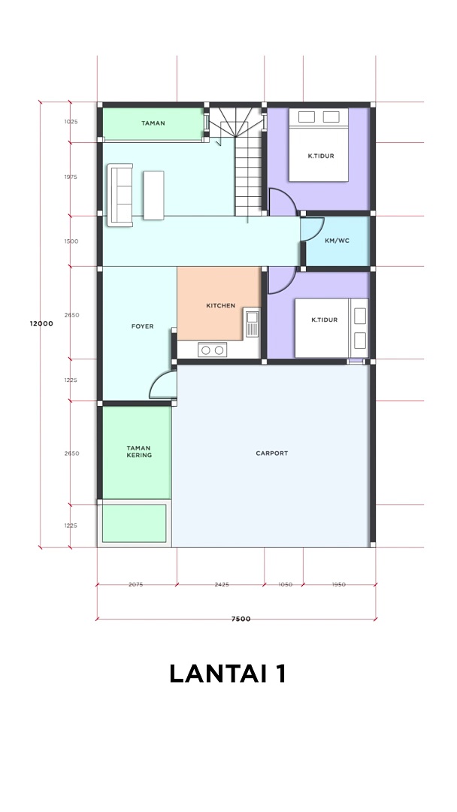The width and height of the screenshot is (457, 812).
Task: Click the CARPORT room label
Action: tap(271, 453)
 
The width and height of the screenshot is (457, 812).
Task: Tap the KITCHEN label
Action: tap(220, 305)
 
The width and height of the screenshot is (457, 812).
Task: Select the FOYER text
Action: tap(142, 326)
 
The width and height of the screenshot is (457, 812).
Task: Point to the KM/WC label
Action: tap(337, 241)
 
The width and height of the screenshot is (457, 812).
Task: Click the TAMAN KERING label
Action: tap(139, 452)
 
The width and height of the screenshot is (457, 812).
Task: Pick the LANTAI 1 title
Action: tap(228, 674)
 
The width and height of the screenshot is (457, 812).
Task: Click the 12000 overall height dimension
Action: tap(41, 323)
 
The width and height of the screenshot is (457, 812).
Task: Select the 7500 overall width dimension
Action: tap(241, 619)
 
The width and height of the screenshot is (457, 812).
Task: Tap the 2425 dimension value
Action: tap(222, 585)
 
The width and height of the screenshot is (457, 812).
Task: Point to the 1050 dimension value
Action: tap(285, 585)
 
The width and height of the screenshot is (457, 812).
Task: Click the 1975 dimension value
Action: tap(71, 177)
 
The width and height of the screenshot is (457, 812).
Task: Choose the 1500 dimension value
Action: tap(71, 241)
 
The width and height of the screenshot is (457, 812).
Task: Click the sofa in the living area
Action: tap(120, 195)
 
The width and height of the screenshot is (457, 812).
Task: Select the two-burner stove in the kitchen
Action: tap(212, 350)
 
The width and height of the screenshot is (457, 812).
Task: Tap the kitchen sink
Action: tap(253, 322)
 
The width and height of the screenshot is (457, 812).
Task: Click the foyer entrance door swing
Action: tap(160, 385)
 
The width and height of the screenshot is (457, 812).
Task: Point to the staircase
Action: tap(240, 162)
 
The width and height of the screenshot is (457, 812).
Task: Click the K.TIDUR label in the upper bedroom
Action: tap(321, 156)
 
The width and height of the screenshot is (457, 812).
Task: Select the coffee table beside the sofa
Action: tap(154, 195)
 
